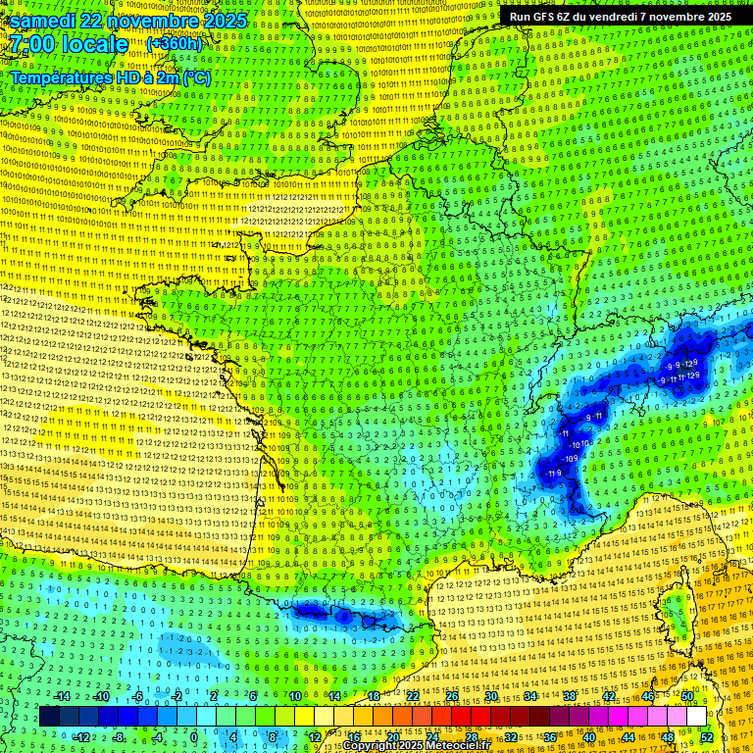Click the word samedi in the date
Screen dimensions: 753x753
[45, 21]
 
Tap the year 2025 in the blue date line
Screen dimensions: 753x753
[224, 21]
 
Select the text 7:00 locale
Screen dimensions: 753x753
[69, 44]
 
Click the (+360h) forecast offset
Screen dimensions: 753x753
[175, 44]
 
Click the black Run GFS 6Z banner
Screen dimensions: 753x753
[621, 17]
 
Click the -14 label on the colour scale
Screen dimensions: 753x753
[63, 696]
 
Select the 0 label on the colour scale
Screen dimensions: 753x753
[194, 737]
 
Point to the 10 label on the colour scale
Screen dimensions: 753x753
[295, 696]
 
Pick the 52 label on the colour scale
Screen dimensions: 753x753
[707, 737]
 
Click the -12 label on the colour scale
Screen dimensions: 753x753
[82, 737]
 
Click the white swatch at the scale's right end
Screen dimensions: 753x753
[696, 717]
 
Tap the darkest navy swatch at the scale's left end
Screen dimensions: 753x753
[49, 717]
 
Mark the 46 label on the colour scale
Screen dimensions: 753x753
[647, 696]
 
